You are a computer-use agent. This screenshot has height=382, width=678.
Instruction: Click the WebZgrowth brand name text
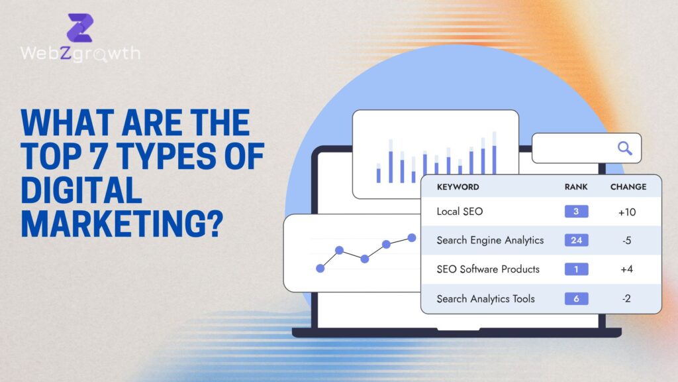click(80, 54)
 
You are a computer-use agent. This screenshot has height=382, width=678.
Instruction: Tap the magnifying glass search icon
click(624, 148)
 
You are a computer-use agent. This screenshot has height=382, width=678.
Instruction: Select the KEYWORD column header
click(458, 187)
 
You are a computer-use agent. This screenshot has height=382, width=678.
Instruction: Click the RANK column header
click(576, 187)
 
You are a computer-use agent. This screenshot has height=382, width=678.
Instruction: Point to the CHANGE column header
click(628, 187)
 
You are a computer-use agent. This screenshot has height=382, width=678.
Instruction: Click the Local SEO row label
click(460, 212)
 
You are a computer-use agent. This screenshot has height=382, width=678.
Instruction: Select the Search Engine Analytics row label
click(490, 240)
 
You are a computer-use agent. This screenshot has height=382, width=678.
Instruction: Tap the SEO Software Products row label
click(488, 269)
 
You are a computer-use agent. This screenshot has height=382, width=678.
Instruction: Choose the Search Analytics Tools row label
click(485, 298)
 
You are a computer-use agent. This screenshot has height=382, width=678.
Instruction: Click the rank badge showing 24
click(576, 240)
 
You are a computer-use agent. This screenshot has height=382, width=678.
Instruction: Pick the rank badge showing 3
click(576, 212)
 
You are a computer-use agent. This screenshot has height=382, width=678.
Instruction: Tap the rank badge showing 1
click(576, 269)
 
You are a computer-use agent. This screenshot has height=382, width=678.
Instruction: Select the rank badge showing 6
click(576, 298)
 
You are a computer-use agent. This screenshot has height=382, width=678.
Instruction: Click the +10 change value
click(626, 212)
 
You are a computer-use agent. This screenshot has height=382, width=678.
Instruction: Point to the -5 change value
click(626, 240)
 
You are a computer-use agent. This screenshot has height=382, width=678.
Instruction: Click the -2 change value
click(626, 298)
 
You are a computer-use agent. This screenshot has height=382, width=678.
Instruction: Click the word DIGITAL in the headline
click(82, 191)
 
